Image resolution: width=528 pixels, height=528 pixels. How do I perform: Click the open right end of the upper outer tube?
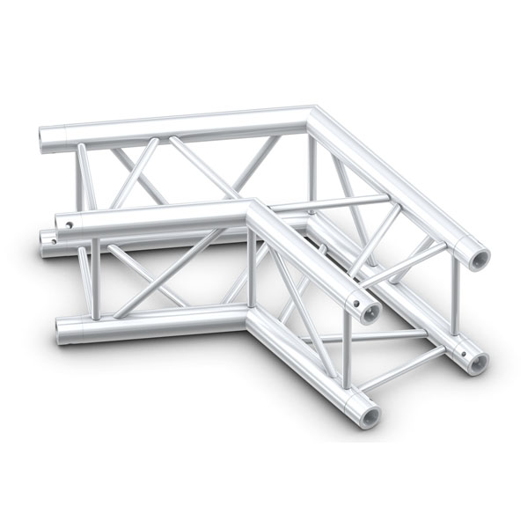tap(480, 259)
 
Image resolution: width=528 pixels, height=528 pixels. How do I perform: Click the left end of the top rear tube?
tap(46, 141)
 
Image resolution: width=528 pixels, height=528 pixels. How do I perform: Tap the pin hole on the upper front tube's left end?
tap(63, 225)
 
